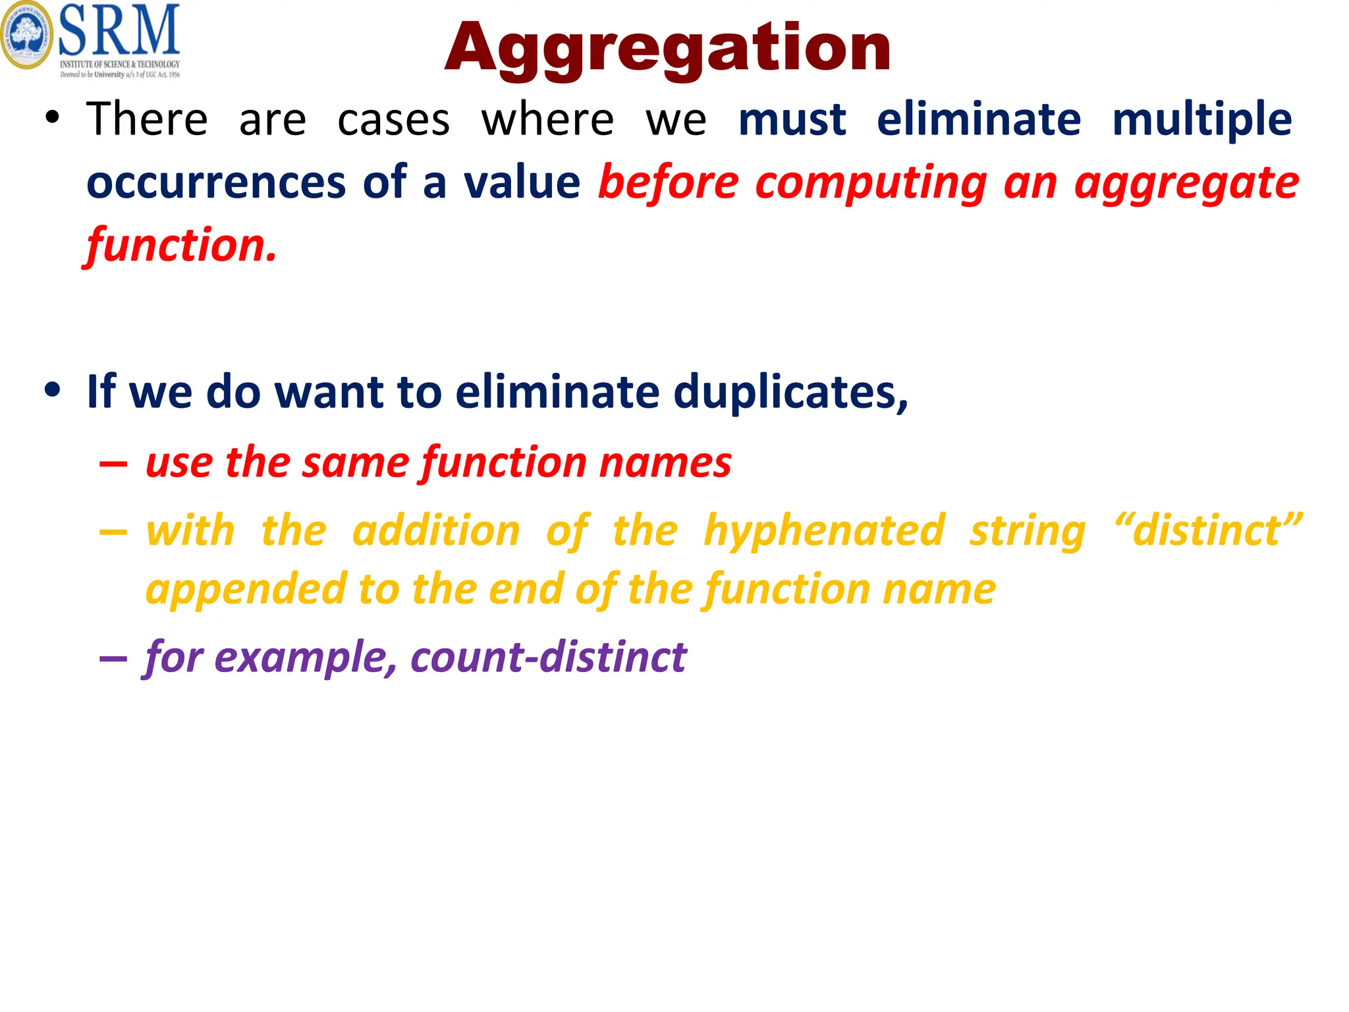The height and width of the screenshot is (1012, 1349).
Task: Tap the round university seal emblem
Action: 26,36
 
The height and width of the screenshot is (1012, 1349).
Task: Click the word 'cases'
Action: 393,121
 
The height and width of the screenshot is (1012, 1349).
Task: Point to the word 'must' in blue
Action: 792,120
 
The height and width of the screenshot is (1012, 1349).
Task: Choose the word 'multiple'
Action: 1201,121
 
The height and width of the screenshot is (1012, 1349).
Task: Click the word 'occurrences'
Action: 216,183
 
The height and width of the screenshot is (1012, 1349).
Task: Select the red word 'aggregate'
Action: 1186,183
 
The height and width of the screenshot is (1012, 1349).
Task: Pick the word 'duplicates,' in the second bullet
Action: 790,392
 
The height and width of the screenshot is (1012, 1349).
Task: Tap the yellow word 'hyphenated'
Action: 824,530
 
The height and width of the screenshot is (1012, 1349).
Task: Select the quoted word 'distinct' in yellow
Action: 1207,530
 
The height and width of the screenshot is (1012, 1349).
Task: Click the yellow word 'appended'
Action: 245,589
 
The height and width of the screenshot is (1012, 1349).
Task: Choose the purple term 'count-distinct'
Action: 548,657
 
